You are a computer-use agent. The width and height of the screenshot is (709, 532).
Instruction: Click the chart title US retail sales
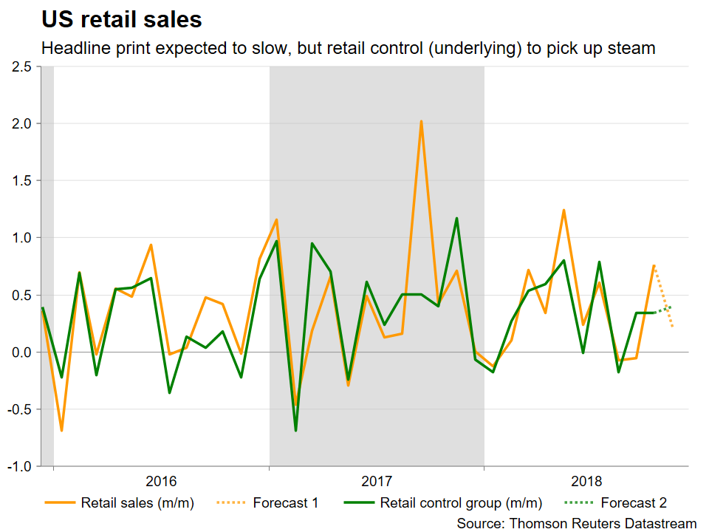122,19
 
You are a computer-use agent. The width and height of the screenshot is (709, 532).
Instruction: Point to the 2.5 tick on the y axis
21,67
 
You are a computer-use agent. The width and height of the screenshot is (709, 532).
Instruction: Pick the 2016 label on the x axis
161,482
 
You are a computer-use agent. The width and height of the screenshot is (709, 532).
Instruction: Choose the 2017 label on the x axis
377,482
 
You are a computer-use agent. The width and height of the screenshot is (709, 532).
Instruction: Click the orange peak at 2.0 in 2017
421,121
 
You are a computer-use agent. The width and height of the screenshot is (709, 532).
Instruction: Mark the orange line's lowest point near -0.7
61,430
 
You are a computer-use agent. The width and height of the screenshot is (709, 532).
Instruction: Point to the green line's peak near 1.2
456,218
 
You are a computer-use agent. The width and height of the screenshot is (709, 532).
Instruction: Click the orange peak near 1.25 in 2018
564,210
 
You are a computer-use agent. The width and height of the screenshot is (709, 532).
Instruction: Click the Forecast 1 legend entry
285,504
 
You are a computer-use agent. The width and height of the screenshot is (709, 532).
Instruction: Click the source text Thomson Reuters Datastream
576,523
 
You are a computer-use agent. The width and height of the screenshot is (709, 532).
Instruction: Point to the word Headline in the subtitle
74,49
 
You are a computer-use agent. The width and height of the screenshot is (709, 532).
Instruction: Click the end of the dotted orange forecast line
672,326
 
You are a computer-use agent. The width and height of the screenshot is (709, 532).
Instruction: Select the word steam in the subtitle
636,49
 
